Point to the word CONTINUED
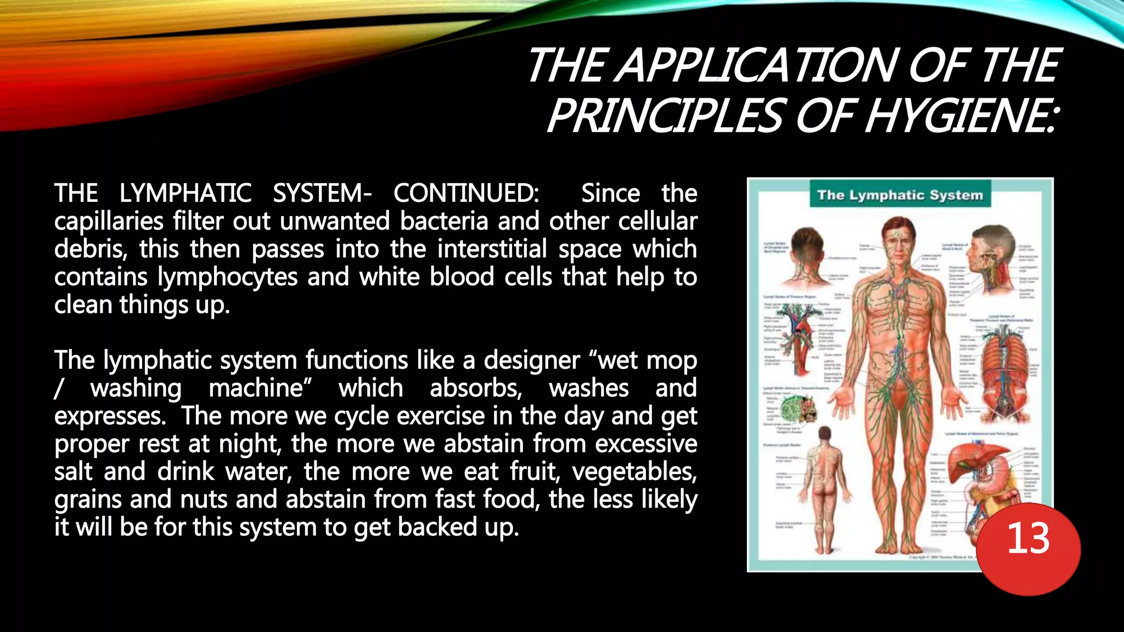(x=466, y=193)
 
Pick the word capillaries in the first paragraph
(x=109, y=222)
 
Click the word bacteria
(x=443, y=221)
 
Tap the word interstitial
(x=492, y=249)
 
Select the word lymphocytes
(x=227, y=277)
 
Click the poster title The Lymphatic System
(x=900, y=195)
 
